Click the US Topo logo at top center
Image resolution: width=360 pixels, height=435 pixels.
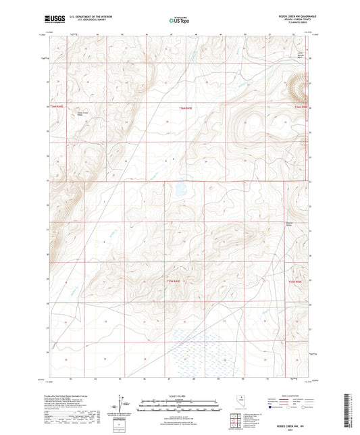pyautogui.click(x=179, y=21)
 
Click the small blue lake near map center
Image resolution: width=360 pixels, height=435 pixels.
pyautogui.click(x=182, y=191)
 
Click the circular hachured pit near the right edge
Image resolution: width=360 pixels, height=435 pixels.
pyautogui.click(x=299, y=88)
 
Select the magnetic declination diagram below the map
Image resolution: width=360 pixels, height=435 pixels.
pyautogui.click(x=122, y=403)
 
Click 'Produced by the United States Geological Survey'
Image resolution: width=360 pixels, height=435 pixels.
pyautogui.click(x=74, y=393)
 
